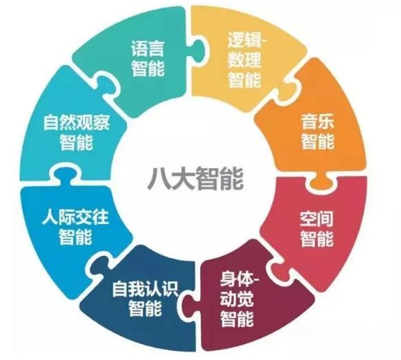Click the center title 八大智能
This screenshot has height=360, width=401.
(x=195, y=178)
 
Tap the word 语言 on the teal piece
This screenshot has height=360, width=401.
(x=148, y=48)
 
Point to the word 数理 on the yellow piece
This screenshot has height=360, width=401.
(x=244, y=60)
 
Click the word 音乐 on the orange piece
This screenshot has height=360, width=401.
(x=317, y=121)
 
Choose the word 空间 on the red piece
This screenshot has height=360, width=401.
(x=317, y=219)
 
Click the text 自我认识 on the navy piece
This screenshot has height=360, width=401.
(x=145, y=289)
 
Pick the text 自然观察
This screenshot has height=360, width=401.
(x=77, y=122)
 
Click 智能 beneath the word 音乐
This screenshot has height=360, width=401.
(x=317, y=141)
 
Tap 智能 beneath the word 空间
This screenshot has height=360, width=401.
(x=317, y=239)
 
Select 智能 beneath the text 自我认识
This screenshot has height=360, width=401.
(x=145, y=308)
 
